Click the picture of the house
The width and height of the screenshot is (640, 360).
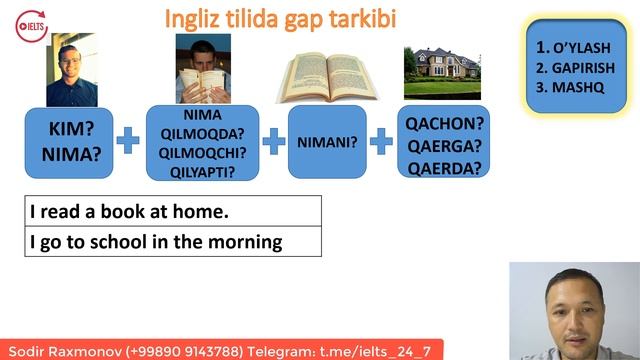coord(441,71)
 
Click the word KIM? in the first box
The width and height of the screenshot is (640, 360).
coord(72,129)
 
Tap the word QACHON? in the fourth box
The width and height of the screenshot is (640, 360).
coord(443,124)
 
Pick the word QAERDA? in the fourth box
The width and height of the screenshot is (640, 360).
coord(443,167)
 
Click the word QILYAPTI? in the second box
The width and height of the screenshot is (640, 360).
coord(203,172)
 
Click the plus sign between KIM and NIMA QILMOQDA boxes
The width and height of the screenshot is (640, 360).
coord(128,141)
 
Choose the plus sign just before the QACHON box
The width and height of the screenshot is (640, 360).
coord(381,141)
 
